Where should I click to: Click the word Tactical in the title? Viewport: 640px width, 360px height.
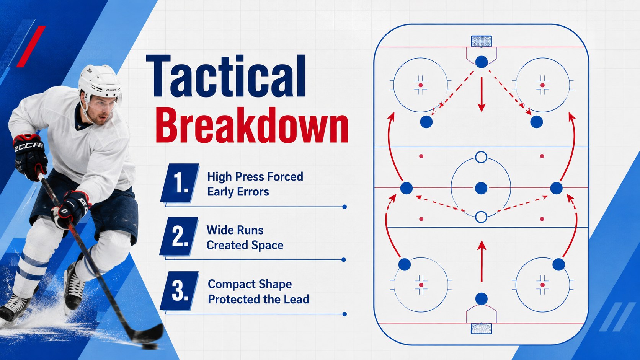point(226,77)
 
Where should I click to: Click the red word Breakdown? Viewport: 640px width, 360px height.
point(251,125)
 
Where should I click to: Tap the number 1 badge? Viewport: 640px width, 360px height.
point(180,183)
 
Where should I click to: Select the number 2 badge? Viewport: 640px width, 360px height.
point(179,236)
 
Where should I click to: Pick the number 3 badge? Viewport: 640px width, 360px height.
point(180,290)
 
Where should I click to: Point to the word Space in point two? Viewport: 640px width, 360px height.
point(269,245)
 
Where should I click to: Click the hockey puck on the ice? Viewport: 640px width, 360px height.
point(150,346)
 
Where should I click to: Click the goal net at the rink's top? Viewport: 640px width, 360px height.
point(482,41)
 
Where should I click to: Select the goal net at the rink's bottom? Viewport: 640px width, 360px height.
point(482,328)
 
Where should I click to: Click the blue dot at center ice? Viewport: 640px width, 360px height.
point(481,188)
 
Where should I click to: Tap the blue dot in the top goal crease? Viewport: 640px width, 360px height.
point(482,62)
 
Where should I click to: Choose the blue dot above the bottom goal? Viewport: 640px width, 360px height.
point(482,299)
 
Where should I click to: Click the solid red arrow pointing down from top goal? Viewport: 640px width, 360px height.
point(482,94)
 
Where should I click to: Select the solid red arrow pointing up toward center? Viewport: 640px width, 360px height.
point(482,261)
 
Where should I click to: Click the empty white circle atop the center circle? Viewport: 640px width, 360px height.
point(481,157)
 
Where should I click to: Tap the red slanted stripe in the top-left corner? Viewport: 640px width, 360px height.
point(31,47)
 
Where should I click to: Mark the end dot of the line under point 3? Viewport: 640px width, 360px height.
point(344,314)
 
